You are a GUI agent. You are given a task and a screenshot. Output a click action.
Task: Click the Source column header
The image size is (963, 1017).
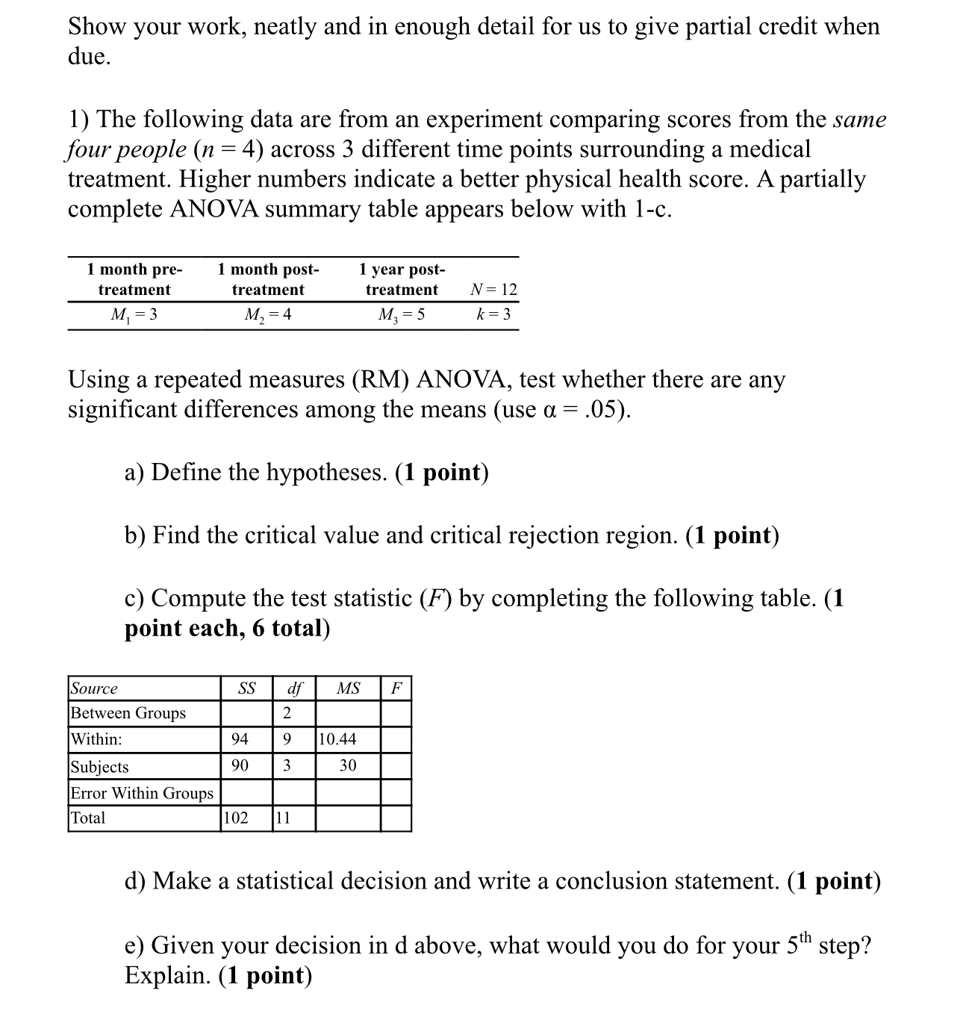point(94,688)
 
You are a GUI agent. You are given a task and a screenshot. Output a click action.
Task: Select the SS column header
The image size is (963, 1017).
point(246,688)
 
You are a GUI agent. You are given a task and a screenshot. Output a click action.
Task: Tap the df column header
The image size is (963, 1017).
point(294,688)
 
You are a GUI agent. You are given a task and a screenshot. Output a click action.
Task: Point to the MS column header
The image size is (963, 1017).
point(348,688)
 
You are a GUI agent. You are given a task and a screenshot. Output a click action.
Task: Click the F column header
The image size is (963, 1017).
point(396,688)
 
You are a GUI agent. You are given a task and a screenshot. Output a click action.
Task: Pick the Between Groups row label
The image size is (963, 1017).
point(128,713)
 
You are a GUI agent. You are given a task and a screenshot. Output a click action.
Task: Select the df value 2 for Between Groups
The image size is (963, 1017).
point(287,713)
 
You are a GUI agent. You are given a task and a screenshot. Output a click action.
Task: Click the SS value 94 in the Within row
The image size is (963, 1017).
point(240,739)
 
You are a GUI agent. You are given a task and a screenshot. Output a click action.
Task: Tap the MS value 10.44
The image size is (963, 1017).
point(337,739)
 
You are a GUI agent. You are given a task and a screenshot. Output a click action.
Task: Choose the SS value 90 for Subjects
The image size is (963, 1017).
point(240,765)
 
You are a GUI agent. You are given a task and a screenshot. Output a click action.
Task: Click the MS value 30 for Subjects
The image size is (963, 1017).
point(348,765)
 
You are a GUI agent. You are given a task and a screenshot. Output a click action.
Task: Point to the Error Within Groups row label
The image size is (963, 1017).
point(142,793)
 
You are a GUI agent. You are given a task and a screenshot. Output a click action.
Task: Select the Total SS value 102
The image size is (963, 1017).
point(236,818)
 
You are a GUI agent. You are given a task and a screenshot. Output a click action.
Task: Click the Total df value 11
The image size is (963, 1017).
point(283,818)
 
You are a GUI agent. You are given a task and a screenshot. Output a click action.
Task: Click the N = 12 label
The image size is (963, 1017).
point(493,290)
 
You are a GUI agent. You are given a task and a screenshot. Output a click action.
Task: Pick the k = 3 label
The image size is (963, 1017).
point(493,314)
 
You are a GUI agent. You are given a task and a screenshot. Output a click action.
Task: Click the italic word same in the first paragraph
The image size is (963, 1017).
point(859,119)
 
